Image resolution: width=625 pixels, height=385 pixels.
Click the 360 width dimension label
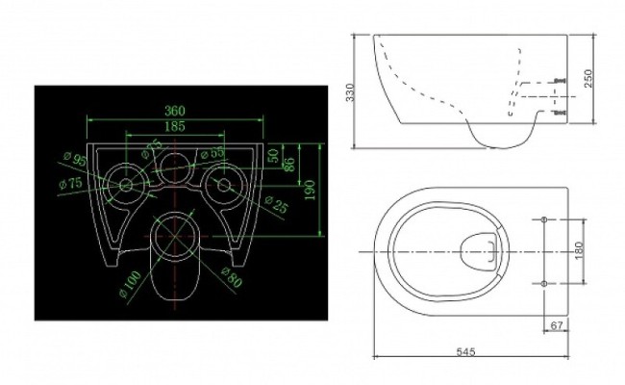(x=174, y=111)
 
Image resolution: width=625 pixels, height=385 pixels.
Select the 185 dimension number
(x=174, y=126)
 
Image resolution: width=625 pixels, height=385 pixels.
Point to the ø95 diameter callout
(x=74, y=160)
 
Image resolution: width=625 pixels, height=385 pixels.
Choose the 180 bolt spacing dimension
(x=578, y=249)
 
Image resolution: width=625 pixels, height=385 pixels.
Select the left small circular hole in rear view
(x=124, y=183)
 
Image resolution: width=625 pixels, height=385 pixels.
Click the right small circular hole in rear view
(x=224, y=183)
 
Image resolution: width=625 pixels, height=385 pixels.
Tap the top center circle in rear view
(x=174, y=165)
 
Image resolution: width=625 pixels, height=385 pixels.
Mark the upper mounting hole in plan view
(x=545, y=220)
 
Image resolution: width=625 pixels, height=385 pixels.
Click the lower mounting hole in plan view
(x=545, y=283)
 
